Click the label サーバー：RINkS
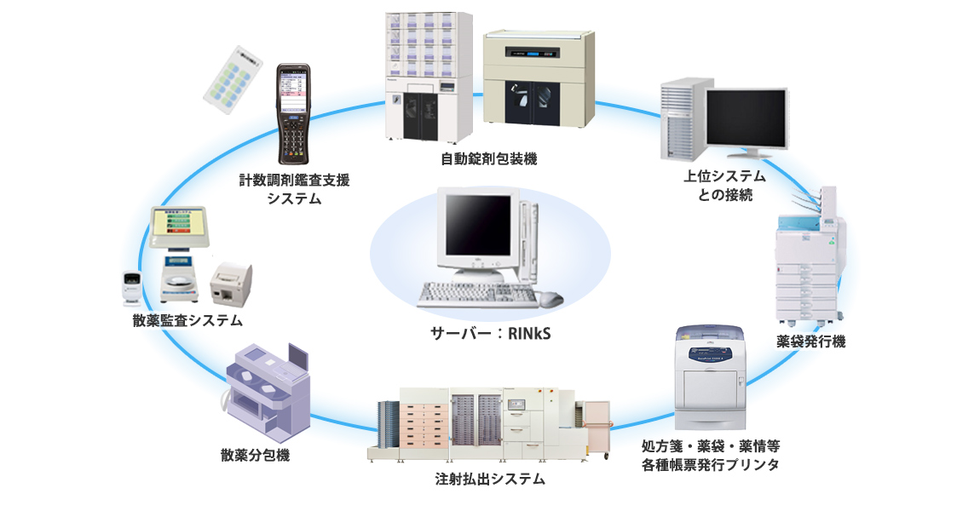[489, 333]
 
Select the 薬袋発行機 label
[810, 342]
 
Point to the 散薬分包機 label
[255, 455]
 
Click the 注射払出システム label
[489, 479]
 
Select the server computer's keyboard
[477, 294]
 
